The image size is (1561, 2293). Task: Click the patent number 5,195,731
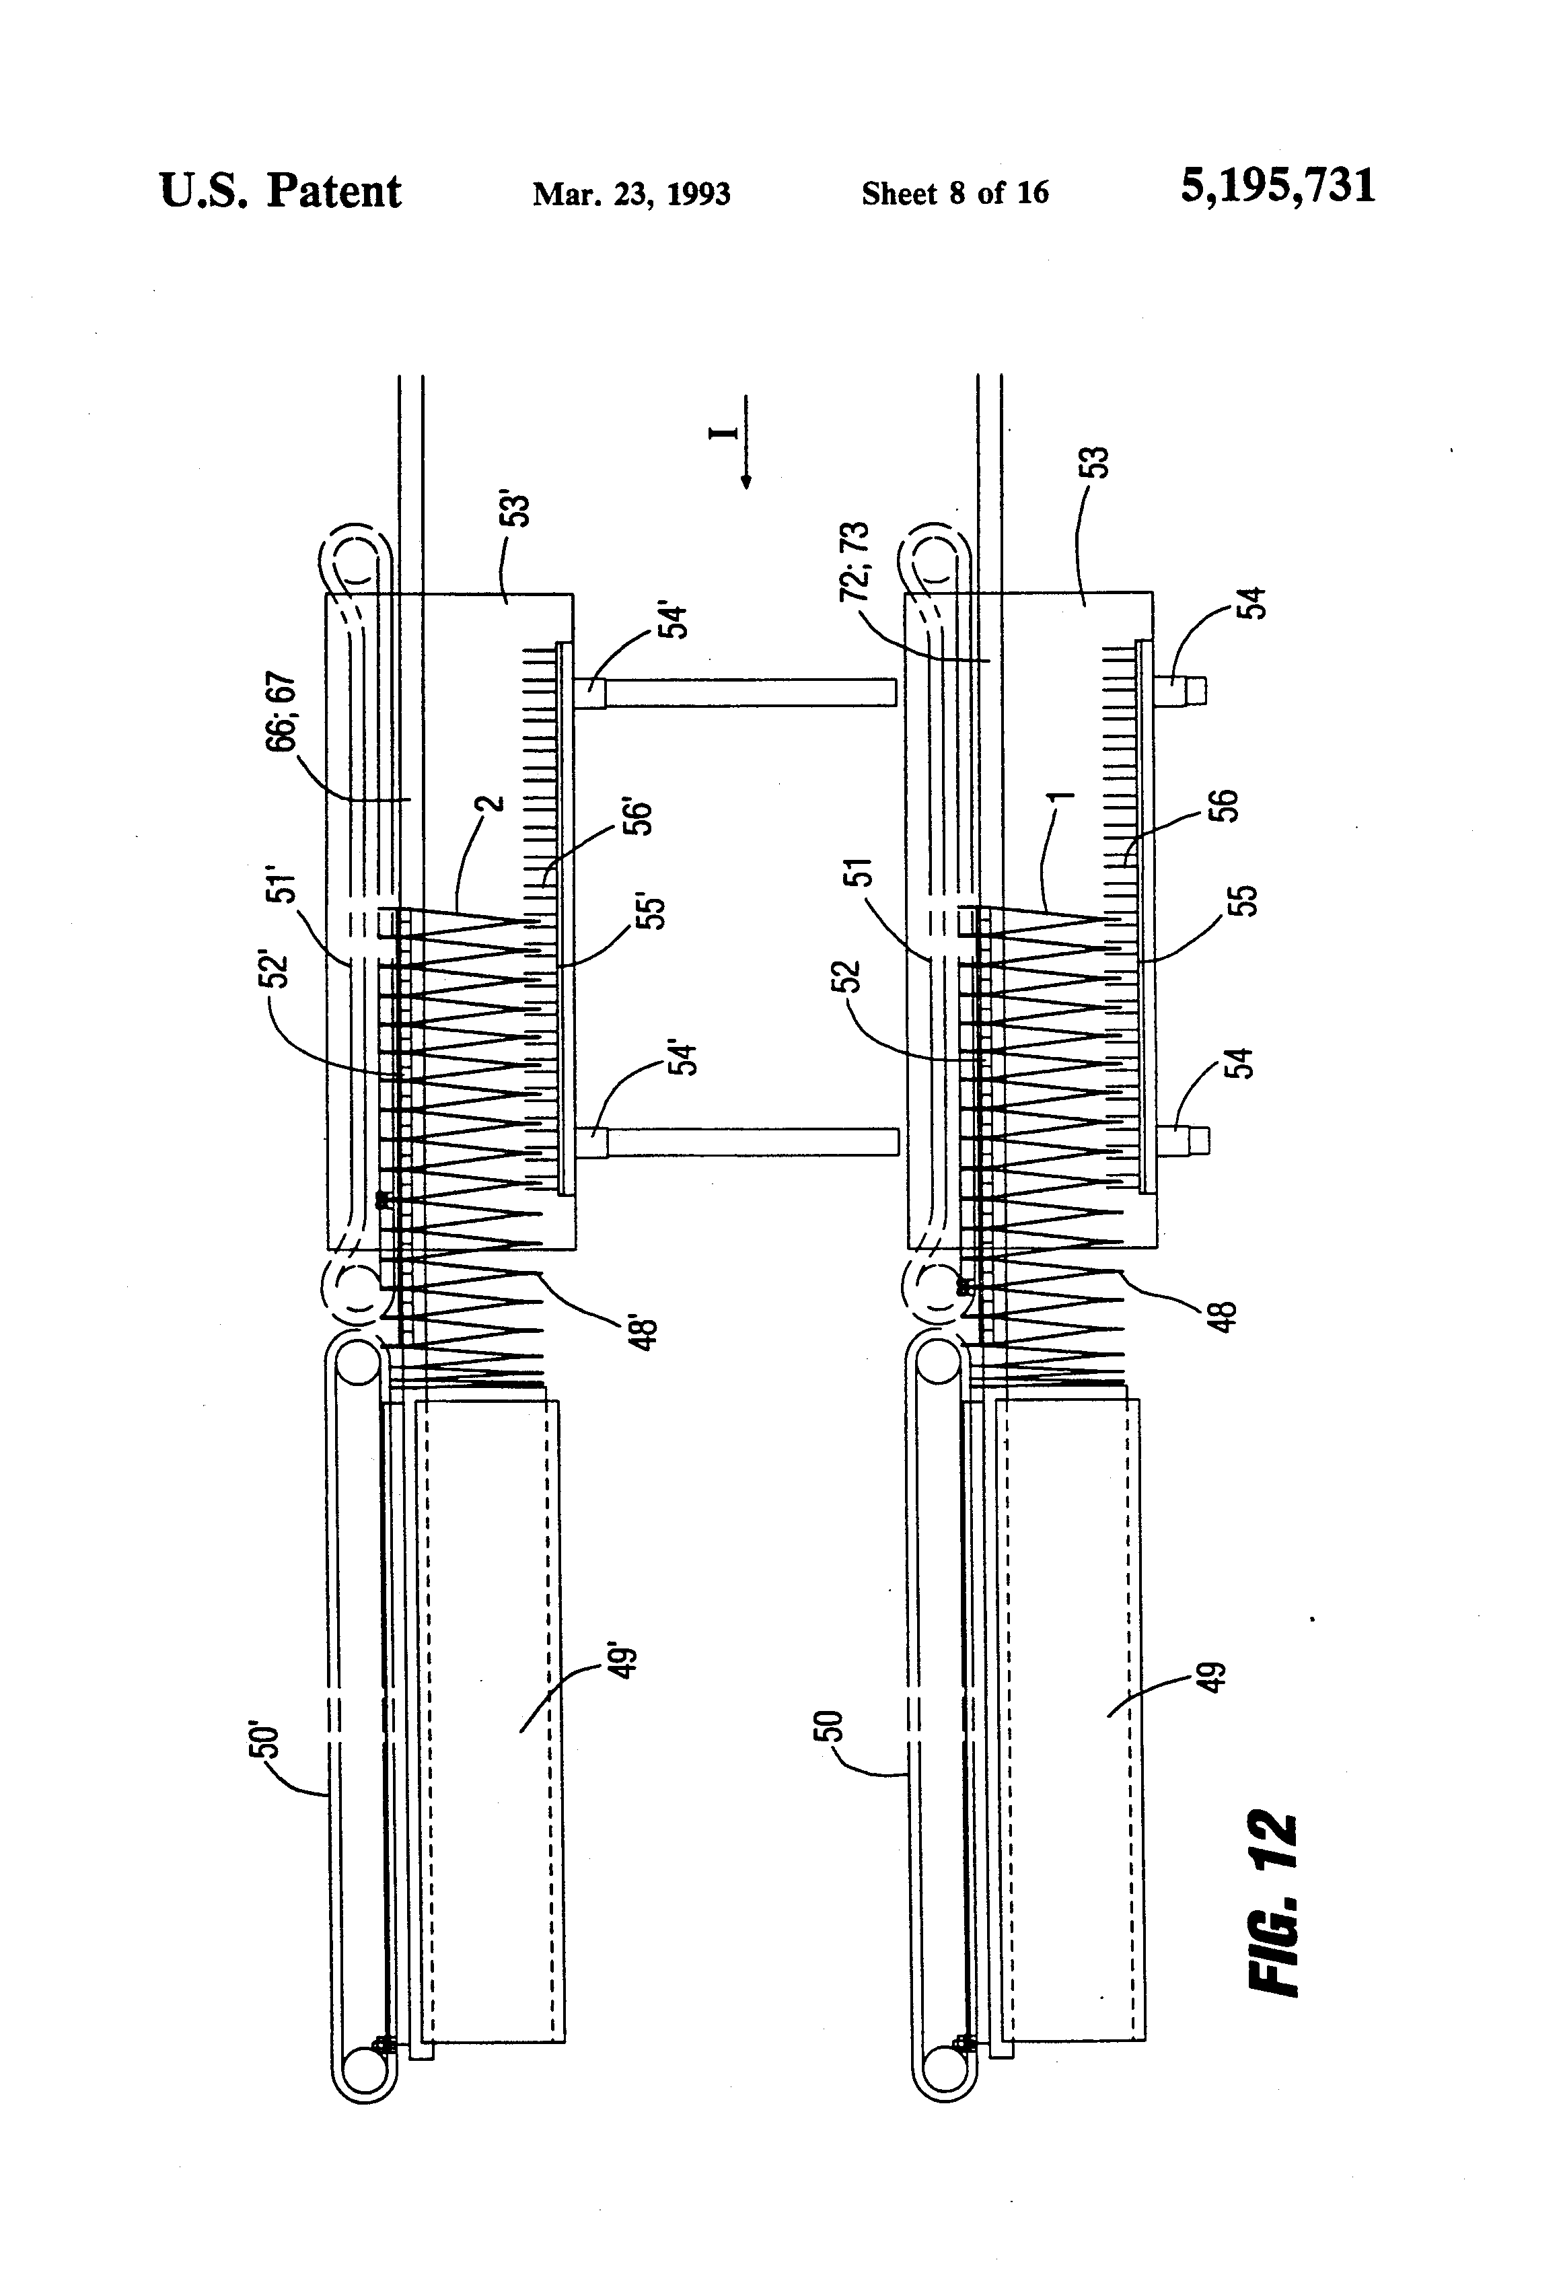click(x=1277, y=186)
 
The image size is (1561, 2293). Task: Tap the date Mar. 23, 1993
click(x=632, y=193)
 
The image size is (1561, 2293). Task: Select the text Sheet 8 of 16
click(x=955, y=192)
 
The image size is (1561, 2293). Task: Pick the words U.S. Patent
click(x=280, y=191)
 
